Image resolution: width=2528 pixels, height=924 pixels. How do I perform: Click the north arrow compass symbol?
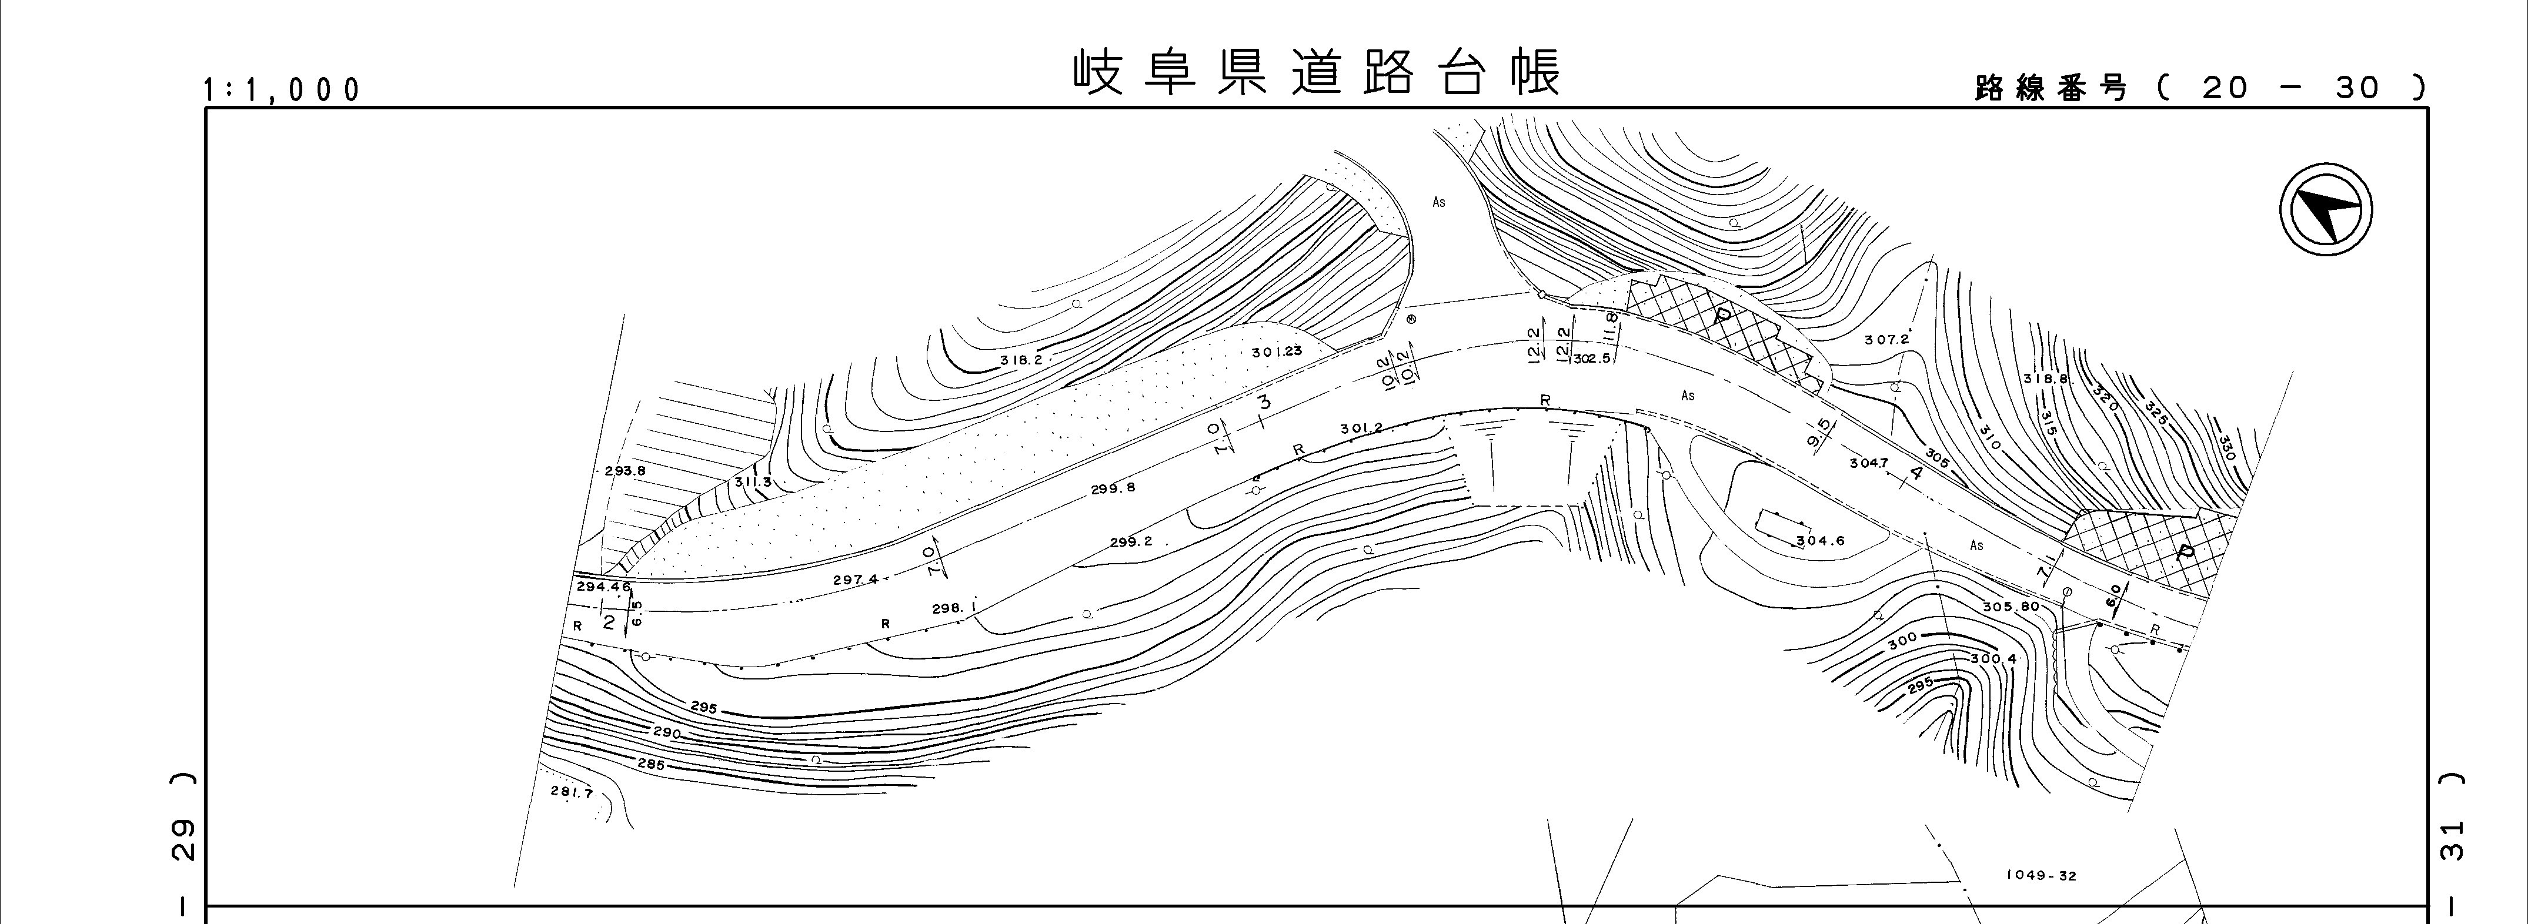pyautogui.click(x=2325, y=212)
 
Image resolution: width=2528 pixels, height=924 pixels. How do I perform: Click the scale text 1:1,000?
pyautogui.click(x=282, y=91)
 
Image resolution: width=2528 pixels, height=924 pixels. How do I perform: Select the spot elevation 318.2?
pyautogui.click(x=1021, y=360)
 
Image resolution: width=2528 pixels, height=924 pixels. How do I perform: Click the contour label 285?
pyautogui.click(x=650, y=764)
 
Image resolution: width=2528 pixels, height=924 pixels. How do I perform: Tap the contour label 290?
pyautogui.click(x=667, y=733)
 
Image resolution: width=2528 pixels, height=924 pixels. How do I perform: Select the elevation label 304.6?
pyautogui.click(x=1821, y=541)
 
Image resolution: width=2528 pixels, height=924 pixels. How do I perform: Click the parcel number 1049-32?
pyautogui.click(x=2041, y=876)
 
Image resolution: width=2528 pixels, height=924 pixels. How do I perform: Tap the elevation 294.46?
pyautogui.click(x=603, y=587)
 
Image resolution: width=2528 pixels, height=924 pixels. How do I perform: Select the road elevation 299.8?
pyautogui.click(x=1113, y=487)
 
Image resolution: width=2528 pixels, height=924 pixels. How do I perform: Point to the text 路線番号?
pyautogui.click(x=2051, y=88)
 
